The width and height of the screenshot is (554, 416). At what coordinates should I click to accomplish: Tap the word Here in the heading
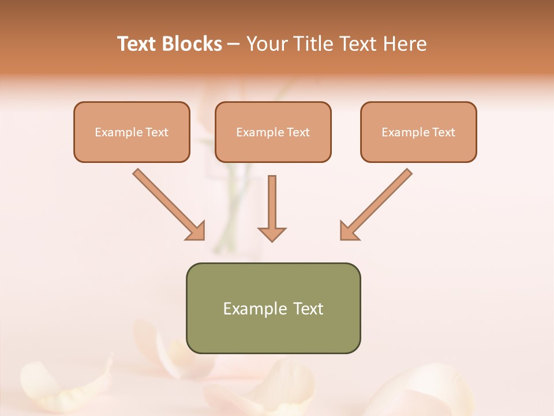406,44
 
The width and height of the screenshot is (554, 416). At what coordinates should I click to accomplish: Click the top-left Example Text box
132,132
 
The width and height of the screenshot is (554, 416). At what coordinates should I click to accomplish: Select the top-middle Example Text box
273,132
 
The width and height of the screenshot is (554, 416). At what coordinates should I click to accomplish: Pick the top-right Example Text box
418,132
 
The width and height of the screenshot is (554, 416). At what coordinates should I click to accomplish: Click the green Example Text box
273,308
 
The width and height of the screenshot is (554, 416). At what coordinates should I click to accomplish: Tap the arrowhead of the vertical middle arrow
272,234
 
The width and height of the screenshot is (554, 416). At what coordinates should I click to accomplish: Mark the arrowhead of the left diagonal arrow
196,231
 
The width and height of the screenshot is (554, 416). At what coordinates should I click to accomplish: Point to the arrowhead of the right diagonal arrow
349,231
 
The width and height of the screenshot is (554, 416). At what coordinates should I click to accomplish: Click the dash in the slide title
234,44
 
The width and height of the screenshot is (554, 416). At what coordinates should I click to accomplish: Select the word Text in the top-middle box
298,132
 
